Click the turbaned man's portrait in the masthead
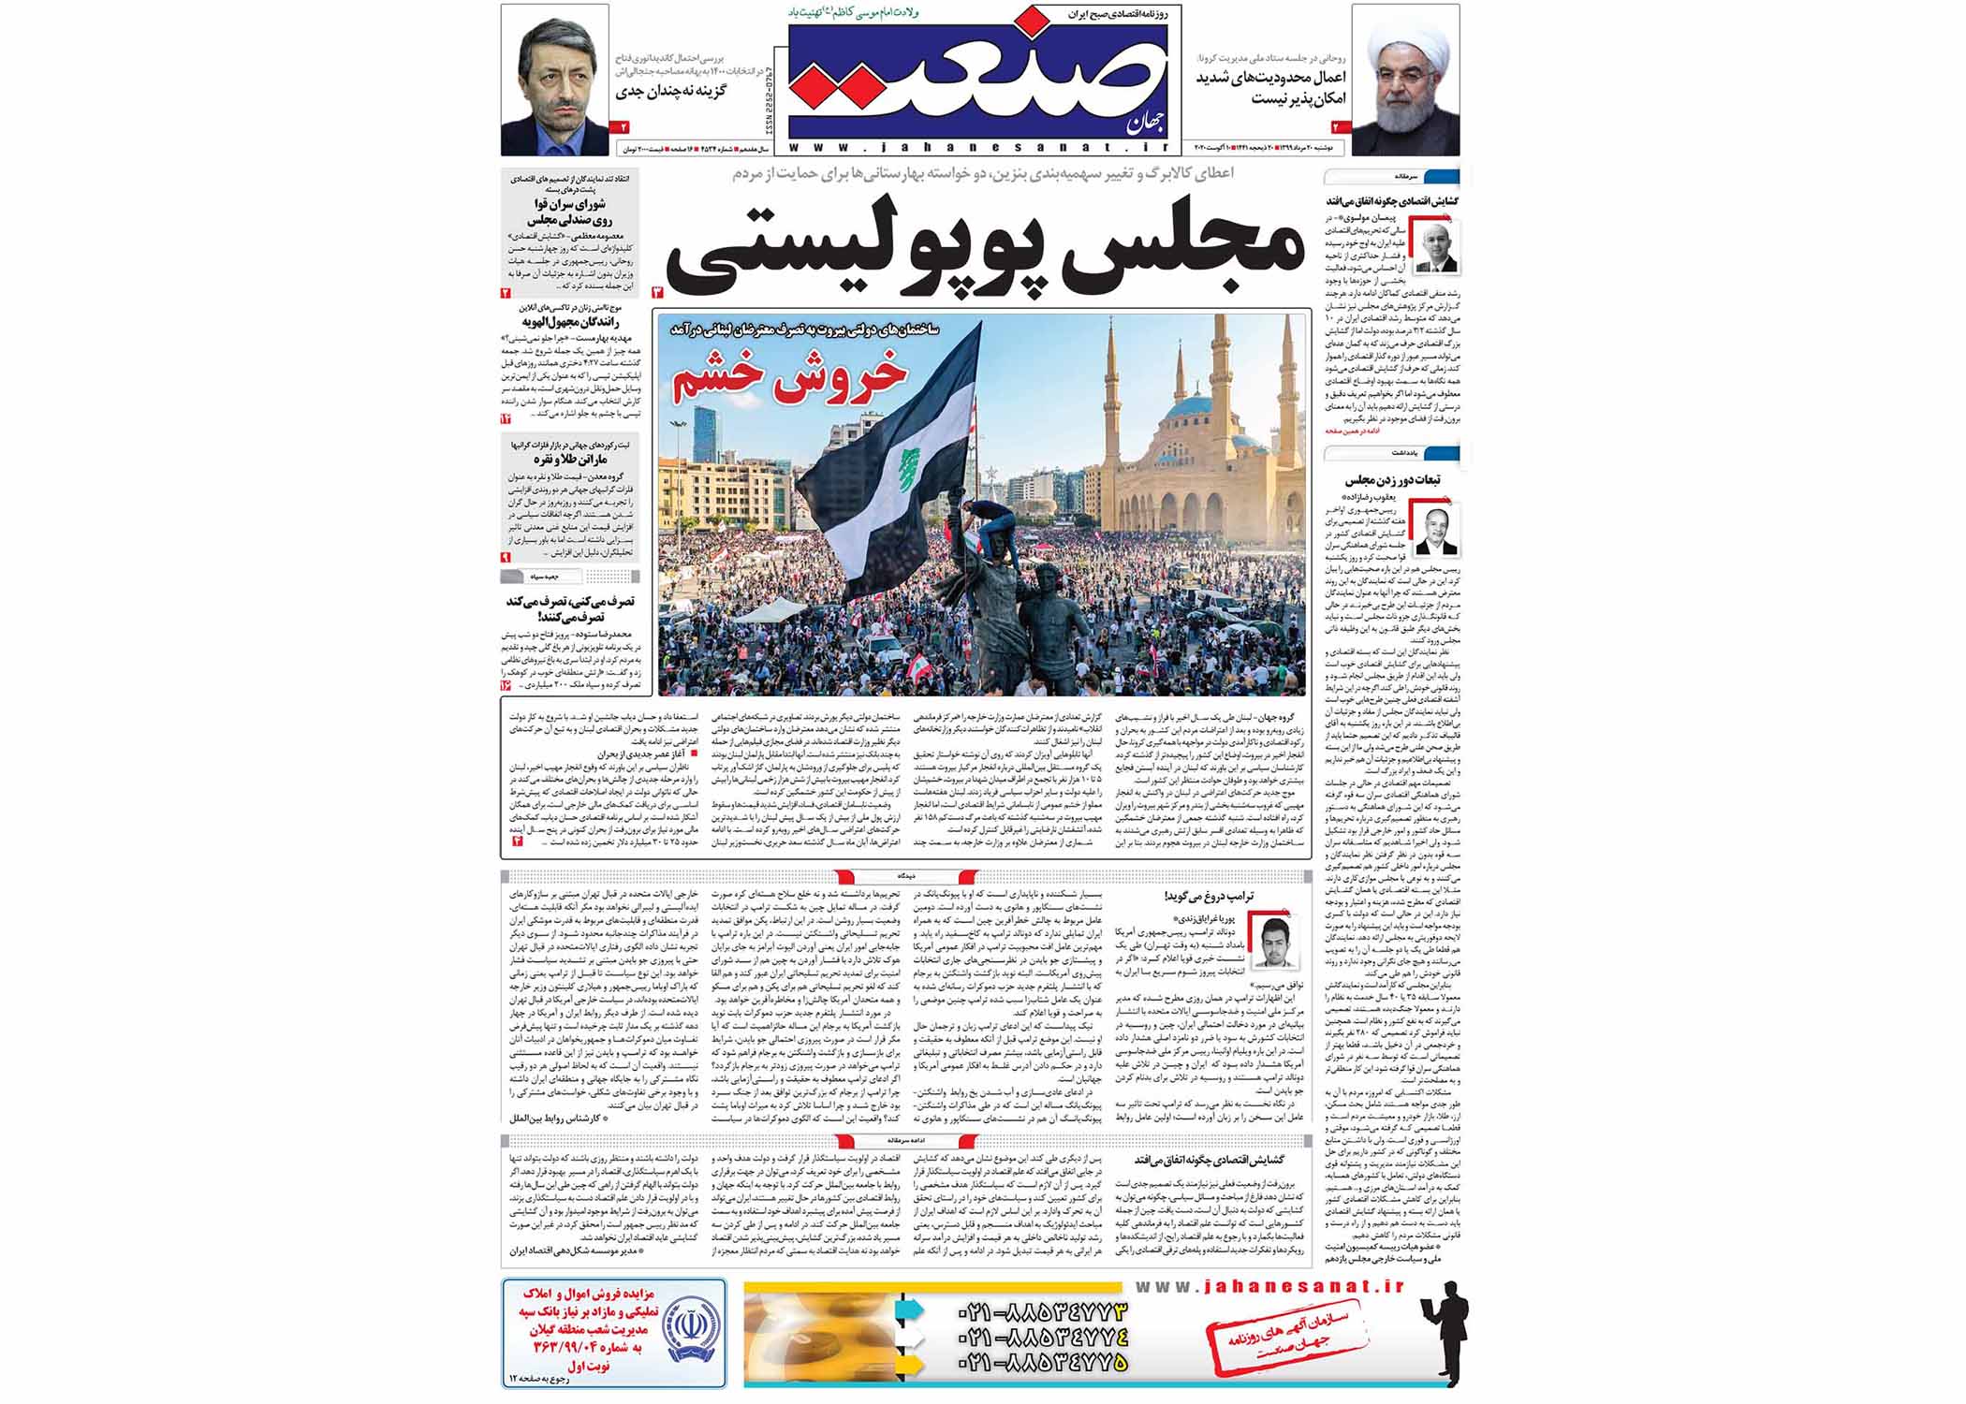click(x=1405, y=80)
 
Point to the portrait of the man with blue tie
click(x=554, y=80)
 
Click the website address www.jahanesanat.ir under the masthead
click(x=978, y=147)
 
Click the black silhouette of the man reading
click(x=1440, y=1343)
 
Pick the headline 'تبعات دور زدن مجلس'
click(x=1392, y=480)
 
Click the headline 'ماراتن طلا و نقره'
click(x=571, y=460)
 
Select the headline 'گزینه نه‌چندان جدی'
click(x=670, y=92)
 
